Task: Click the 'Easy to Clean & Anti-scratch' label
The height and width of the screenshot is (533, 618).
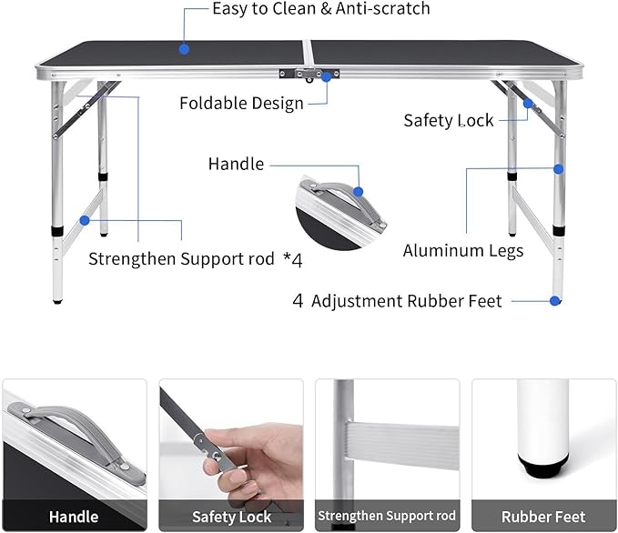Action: (x=320, y=9)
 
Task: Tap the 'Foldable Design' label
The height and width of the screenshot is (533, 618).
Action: (x=241, y=103)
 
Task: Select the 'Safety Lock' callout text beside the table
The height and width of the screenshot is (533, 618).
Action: (x=449, y=120)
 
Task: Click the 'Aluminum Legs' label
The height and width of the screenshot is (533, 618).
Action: (x=463, y=250)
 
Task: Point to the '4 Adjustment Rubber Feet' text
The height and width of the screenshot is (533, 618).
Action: (x=397, y=301)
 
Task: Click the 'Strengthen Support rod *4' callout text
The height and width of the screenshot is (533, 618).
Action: (x=195, y=259)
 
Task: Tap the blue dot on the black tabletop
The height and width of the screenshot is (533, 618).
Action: (x=184, y=49)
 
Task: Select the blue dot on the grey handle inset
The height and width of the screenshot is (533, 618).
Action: (x=359, y=192)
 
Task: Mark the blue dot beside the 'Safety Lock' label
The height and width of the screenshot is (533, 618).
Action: (x=528, y=103)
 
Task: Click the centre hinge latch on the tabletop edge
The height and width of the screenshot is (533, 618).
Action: (x=309, y=75)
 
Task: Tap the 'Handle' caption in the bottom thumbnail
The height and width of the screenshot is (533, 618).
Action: (x=74, y=517)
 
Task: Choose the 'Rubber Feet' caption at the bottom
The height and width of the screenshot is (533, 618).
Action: (x=543, y=517)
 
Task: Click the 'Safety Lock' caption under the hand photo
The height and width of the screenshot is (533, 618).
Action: (x=231, y=517)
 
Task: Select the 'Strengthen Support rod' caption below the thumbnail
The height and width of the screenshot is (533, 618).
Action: (x=387, y=517)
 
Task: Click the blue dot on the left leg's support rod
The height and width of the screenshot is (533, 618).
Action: (x=85, y=219)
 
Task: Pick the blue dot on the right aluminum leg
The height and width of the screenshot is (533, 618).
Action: (x=559, y=168)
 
